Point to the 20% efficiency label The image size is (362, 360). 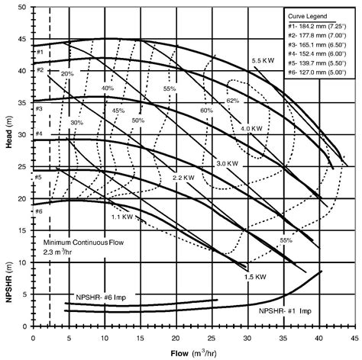pos(67,73)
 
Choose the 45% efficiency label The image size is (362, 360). pos(118,111)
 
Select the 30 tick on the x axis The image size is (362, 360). pos(247,336)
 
